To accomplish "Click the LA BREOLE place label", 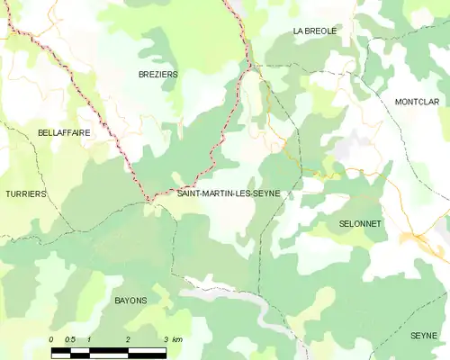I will pos(314,31).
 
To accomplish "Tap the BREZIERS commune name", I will pos(157,74).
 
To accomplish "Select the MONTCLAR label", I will pos(417,102).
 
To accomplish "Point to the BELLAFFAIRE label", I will pos(64,132).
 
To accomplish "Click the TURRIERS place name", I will pos(25,193).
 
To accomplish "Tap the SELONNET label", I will pos(360,222).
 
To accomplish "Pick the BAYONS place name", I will pos(130,300).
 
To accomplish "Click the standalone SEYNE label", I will pos(423,335).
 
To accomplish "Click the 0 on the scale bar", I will pos(51,339).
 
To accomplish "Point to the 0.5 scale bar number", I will pos(70,339).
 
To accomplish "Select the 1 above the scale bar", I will pos(89,339).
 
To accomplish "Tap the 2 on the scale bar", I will pos(128,339).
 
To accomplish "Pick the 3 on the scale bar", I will pos(166,339).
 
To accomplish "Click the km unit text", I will pos(177,339).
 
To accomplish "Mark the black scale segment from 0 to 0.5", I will pos(60,348).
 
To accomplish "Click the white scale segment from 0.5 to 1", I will pos(80,348).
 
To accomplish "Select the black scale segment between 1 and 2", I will pos(109,348).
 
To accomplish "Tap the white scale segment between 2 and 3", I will pos(148,348).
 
